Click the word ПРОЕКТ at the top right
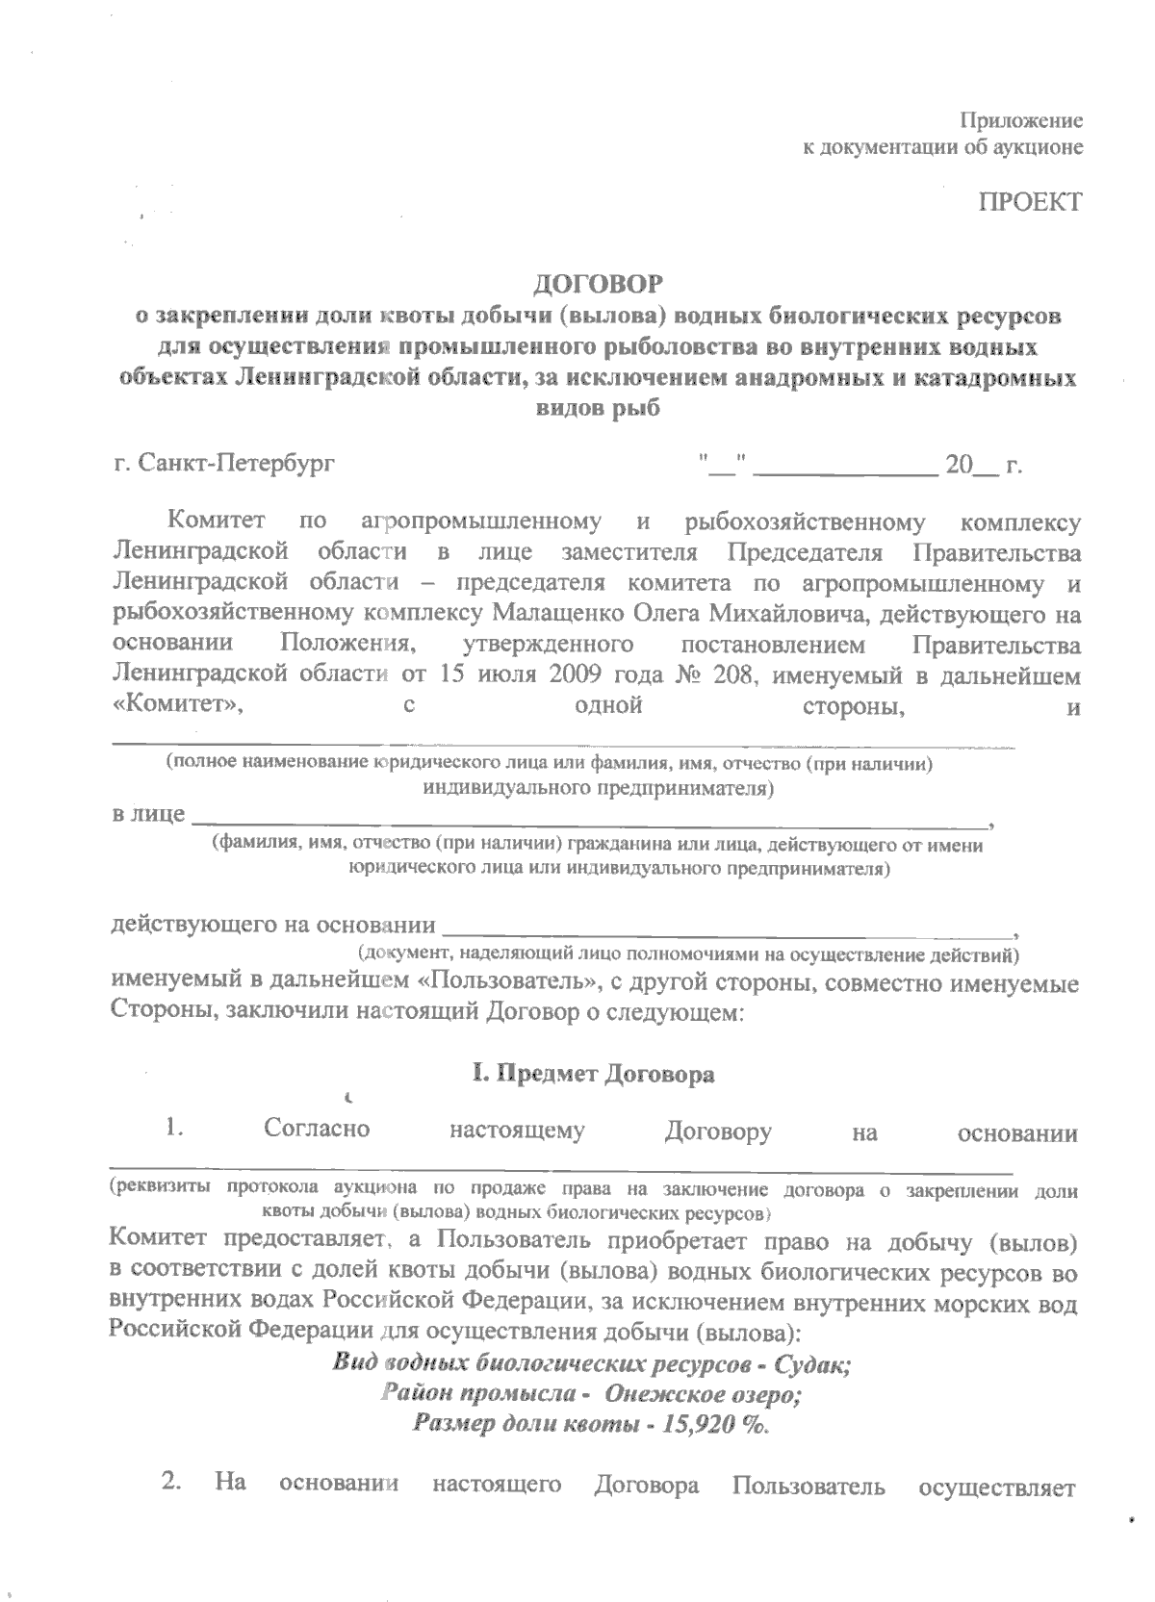pyautogui.click(x=1030, y=202)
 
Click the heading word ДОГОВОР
pyautogui.click(x=599, y=284)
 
